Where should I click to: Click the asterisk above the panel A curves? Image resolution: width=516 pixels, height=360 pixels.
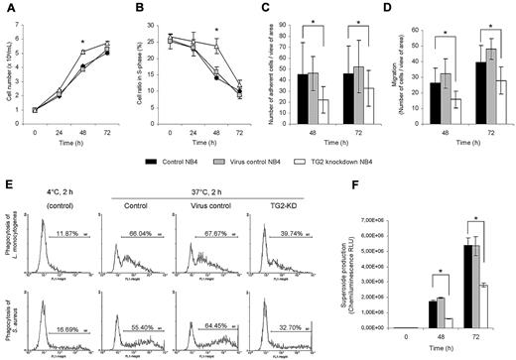point(83,45)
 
